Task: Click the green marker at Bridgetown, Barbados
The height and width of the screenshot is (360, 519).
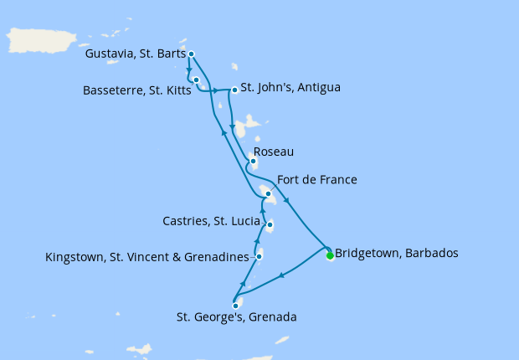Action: coord(330,255)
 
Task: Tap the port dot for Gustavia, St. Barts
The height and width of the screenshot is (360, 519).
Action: coord(192,54)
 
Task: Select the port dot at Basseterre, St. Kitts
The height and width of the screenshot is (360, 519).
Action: coord(196,80)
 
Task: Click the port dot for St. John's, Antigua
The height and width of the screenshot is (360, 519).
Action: coord(234,90)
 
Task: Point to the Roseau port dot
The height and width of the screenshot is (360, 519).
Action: coord(253,162)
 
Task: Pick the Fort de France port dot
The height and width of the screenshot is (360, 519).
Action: coord(268,194)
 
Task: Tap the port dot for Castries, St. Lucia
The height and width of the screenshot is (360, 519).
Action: coord(269,224)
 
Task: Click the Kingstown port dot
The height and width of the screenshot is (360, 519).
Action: coord(259,256)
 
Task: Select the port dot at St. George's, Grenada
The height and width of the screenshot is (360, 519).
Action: coord(235,306)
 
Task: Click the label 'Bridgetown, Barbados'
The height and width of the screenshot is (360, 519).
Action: coord(396,253)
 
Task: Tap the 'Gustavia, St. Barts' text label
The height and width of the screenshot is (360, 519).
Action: coord(136,54)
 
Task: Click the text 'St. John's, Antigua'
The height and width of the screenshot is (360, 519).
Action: coord(290,87)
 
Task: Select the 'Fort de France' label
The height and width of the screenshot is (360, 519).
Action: coord(318,180)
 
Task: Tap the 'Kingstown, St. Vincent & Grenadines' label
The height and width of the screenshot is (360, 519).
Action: coord(148,256)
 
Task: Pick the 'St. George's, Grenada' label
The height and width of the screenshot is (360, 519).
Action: coord(236,317)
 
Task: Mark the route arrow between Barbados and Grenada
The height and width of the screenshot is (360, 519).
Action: coord(282,275)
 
